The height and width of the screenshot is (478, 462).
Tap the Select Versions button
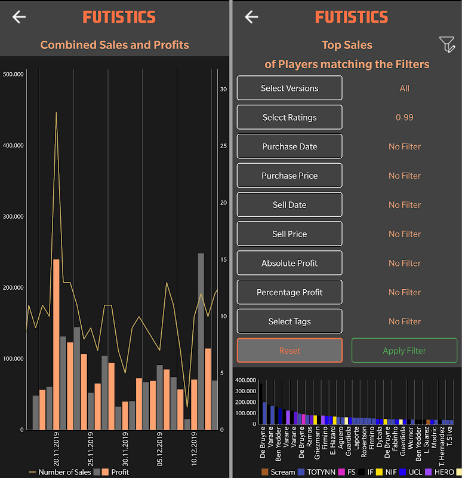[289, 88]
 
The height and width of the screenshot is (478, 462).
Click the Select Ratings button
[289, 117]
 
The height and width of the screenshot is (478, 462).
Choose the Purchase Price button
[289, 176]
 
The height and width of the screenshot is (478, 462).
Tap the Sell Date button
[289, 205]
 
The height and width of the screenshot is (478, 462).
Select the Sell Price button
[289, 234]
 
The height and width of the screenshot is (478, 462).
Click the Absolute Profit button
[289, 263]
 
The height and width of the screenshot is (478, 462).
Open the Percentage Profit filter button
[289, 292]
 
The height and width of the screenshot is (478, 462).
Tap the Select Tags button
[289, 321]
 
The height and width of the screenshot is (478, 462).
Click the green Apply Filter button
[404, 351]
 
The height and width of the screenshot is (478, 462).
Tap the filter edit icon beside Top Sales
[446, 44]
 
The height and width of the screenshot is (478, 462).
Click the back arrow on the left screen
[19, 17]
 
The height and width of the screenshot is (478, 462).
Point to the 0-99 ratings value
[404, 117]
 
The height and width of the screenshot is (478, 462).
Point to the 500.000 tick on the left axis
[13, 74]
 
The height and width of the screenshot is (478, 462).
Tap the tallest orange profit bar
[56, 344]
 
